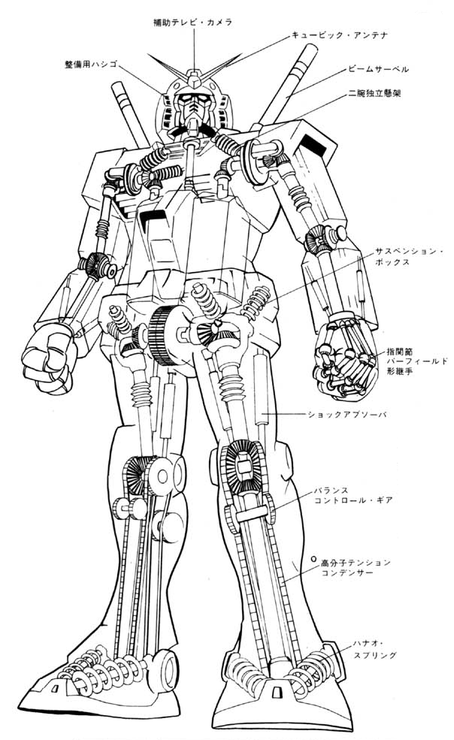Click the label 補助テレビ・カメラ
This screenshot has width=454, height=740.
[x=194, y=23]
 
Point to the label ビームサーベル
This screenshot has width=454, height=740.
[x=378, y=68]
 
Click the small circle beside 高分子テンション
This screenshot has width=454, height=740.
[x=313, y=560]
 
